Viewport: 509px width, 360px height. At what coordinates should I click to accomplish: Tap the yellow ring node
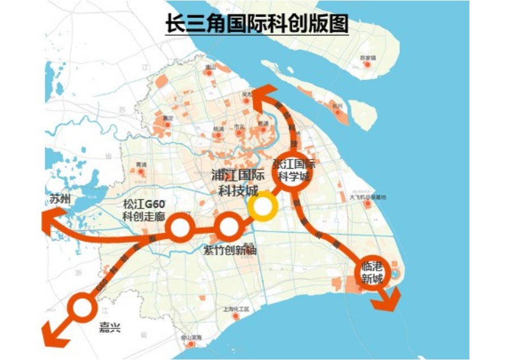pyautogui.click(x=262, y=208)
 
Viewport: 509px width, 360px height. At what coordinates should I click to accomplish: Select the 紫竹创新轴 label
pyautogui.click(x=229, y=250)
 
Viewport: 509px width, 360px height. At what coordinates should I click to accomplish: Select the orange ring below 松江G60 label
pyautogui.click(x=180, y=228)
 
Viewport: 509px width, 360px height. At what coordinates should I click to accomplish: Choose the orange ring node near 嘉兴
pyautogui.click(x=83, y=307)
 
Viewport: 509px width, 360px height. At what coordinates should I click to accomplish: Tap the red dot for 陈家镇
pyautogui.click(x=367, y=65)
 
